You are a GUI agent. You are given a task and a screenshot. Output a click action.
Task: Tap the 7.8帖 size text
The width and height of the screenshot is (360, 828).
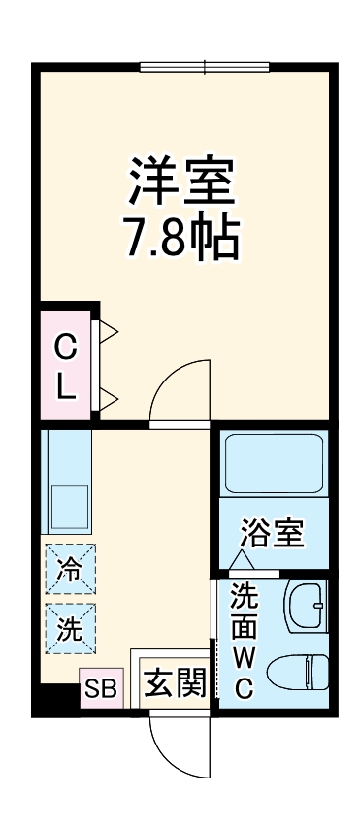(181, 236)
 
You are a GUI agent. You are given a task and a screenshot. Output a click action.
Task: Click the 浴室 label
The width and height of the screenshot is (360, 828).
(273, 533)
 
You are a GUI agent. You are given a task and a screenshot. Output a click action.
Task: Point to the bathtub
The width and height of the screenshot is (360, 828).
(273, 464)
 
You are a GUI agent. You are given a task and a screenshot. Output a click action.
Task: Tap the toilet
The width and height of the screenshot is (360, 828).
(300, 671)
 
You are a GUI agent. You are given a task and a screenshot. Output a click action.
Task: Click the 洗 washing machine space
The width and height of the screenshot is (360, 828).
(70, 628)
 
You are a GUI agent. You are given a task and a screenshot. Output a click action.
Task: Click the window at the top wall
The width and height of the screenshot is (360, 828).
(204, 66)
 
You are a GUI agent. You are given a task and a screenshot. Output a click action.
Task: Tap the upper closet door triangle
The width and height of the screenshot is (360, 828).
(108, 331)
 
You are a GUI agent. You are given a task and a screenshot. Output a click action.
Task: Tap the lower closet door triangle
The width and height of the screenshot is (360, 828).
(108, 395)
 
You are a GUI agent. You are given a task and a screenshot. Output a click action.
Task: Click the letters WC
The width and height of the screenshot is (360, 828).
(245, 674)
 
